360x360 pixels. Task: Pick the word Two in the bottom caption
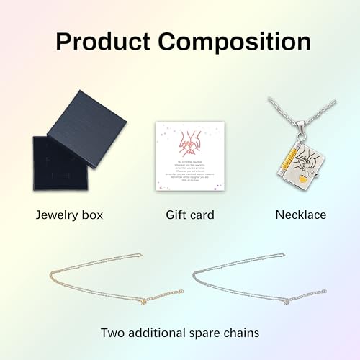(114, 333)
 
